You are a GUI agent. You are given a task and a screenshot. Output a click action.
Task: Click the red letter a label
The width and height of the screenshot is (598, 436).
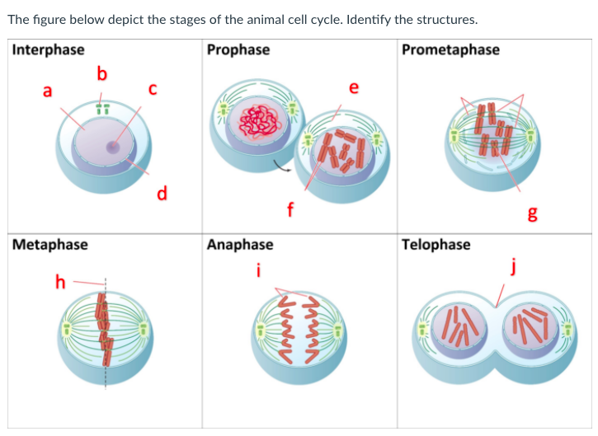(x=47, y=91)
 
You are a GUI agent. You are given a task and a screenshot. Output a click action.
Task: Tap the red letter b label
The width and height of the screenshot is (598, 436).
(x=101, y=75)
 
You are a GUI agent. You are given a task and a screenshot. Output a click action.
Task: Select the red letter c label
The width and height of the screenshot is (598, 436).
(x=153, y=87)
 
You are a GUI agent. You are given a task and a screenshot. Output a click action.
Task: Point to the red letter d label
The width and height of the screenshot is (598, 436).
(x=162, y=194)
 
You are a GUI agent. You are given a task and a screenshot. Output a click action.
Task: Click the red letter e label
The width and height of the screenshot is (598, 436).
(x=354, y=88)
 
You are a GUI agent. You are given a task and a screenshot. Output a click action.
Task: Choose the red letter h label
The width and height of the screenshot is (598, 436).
(x=59, y=282)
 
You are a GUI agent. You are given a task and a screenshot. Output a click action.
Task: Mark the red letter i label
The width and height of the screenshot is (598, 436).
(x=259, y=270)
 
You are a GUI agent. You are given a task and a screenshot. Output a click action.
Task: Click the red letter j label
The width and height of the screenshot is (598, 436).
(x=513, y=266)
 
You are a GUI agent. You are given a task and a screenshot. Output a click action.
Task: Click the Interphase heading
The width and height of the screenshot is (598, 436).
(x=48, y=49)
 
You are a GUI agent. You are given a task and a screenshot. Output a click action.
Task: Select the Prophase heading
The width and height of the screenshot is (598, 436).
(x=238, y=49)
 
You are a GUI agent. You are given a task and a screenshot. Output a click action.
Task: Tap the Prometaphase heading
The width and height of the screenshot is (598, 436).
(x=450, y=49)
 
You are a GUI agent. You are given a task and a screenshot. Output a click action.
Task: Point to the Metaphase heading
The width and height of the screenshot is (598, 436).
(x=50, y=244)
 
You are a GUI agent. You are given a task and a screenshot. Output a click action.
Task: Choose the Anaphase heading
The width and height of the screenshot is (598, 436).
(x=240, y=244)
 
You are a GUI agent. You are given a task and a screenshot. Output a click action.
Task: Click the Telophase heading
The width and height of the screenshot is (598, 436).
(x=436, y=244)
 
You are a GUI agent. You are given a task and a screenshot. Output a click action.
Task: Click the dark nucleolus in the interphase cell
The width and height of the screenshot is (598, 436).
(x=112, y=148)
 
